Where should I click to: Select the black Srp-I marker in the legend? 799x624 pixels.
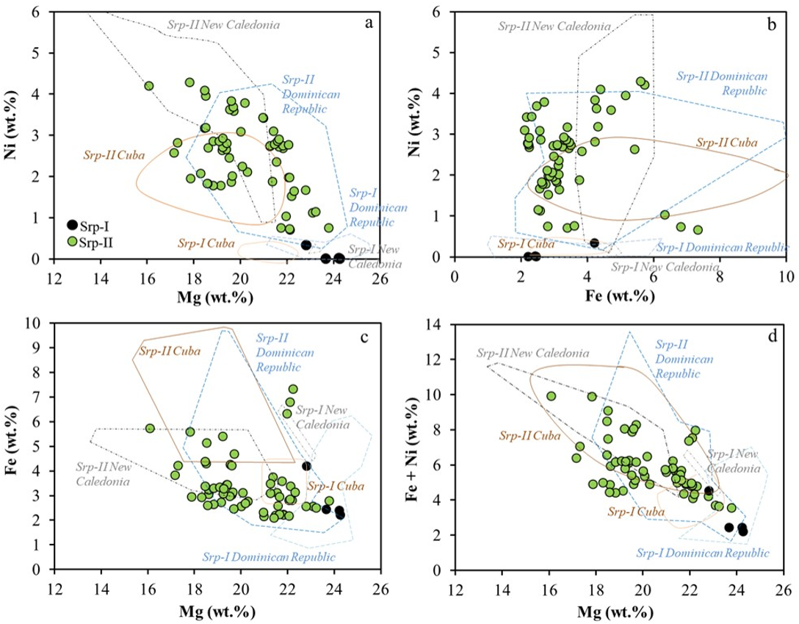[x=72, y=225]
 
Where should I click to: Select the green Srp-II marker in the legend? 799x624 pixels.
[x=72, y=240]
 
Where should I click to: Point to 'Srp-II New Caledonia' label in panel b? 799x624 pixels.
[x=554, y=26]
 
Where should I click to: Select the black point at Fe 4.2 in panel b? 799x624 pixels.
[x=595, y=243]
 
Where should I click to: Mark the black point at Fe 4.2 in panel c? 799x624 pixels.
[x=306, y=466]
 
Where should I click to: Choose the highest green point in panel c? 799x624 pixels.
[x=293, y=389]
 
